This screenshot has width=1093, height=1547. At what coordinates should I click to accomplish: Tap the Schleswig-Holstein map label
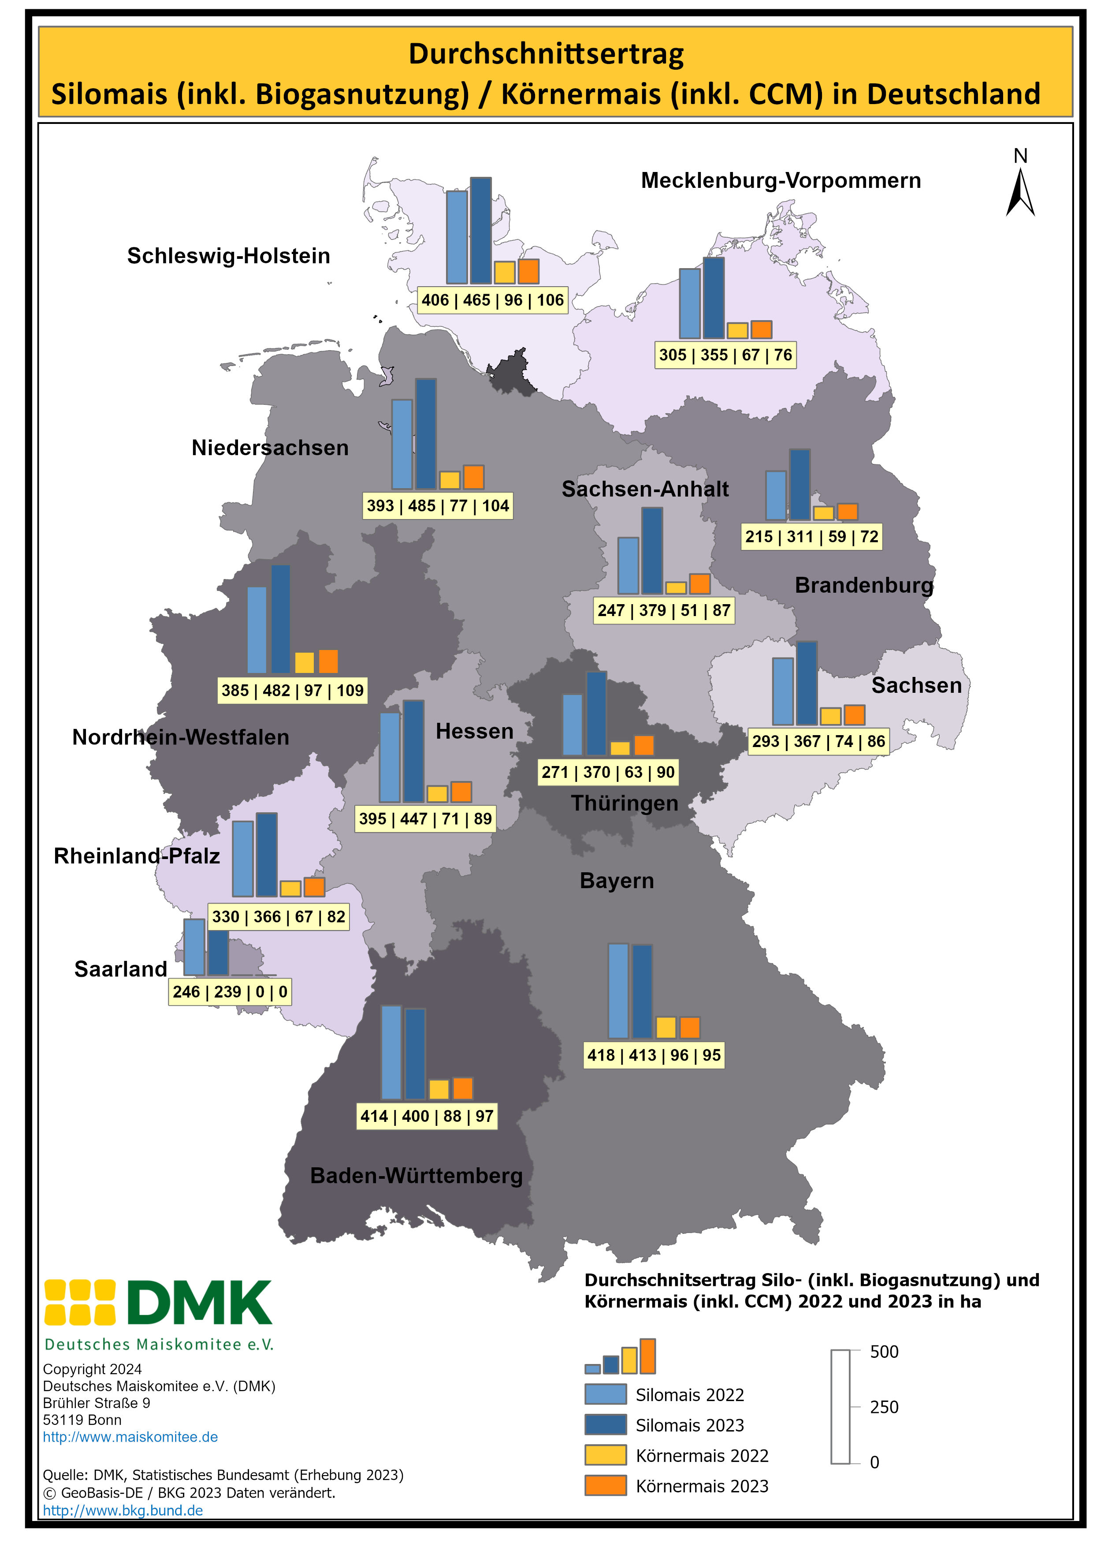228,256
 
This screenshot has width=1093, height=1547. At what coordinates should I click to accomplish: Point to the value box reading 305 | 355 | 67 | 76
725,355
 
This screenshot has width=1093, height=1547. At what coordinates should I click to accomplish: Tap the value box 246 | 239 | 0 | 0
230,992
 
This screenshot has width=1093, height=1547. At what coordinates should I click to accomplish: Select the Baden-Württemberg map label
416,1176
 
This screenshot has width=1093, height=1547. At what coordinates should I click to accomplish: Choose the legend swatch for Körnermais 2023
606,1486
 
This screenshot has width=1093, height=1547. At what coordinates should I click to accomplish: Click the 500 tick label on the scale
884,1352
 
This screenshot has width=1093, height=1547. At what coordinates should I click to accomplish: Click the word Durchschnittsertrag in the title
546,54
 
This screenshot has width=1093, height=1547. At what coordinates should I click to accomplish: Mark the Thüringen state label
624,803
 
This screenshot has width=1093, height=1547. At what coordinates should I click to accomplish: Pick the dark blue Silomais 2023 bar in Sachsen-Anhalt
651,550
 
